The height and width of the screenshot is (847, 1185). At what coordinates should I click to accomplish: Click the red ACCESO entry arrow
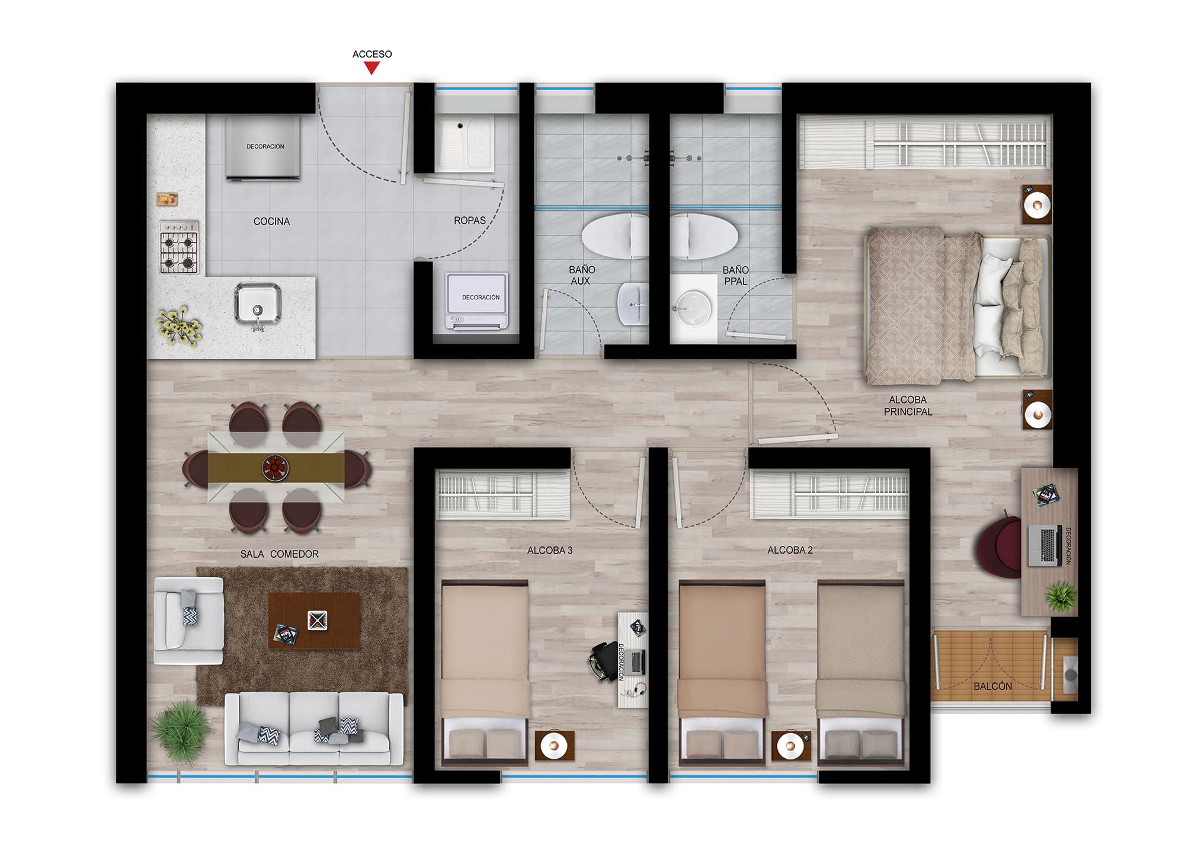pyautogui.click(x=371, y=68)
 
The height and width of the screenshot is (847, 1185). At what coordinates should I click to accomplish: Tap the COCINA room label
pyautogui.click(x=271, y=221)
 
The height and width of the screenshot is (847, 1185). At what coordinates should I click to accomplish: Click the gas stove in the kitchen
pyautogui.click(x=179, y=247)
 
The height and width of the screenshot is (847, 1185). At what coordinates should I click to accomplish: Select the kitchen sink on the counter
pyautogui.click(x=258, y=304)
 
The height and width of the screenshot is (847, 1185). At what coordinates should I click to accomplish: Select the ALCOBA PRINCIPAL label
pyautogui.click(x=908, y=406)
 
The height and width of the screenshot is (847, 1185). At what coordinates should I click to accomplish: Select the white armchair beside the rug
pyautogui.click(x=187, y=621)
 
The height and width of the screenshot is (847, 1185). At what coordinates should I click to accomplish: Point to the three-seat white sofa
pyautogui.click(x=314, y=728)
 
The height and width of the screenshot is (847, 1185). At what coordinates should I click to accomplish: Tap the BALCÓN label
pyautogui.click(x=992, y=686)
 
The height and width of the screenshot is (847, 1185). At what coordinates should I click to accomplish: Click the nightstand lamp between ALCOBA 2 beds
pyautogui.click(x=790, y=745)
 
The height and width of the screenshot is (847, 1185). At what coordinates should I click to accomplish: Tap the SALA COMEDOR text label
pyautogui.click(x=279, y=554)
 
